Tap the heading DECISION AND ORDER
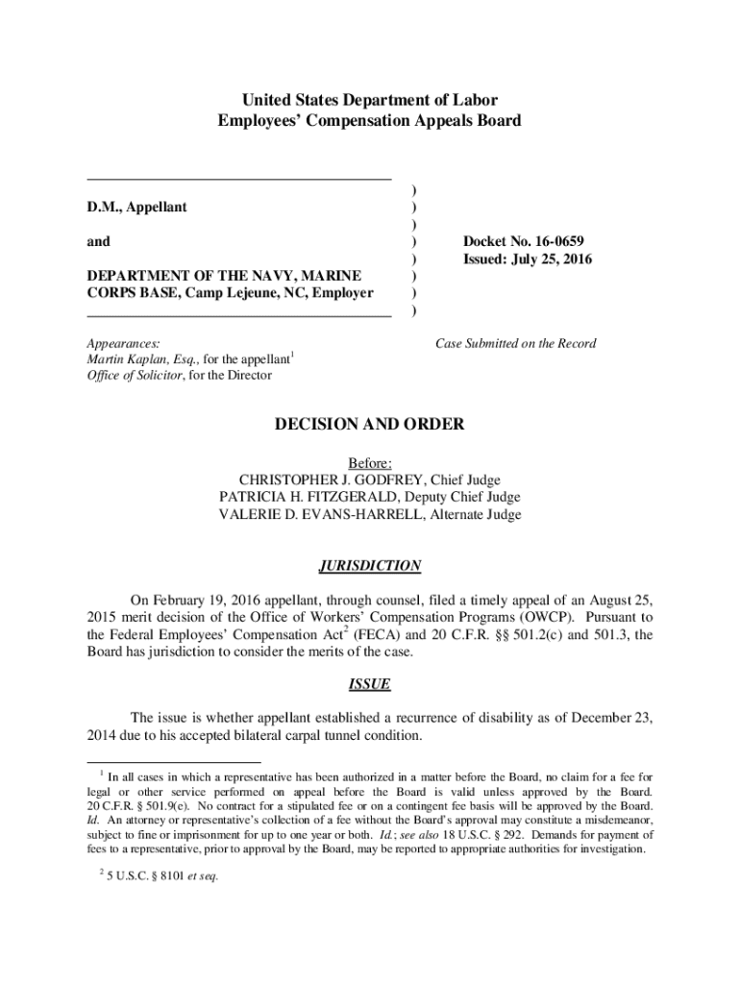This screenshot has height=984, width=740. [x=370, y=424]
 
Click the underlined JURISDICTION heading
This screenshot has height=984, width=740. [x=370, y=566]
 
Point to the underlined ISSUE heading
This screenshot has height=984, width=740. [x=370, y=685]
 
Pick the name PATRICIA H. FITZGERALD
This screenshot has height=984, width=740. [x=312, y=497]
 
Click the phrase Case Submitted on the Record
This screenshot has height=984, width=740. [x=515, y=343]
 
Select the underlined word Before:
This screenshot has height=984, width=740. [x=370, y=462]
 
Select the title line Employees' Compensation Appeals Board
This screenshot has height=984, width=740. [x=370, y=120]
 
